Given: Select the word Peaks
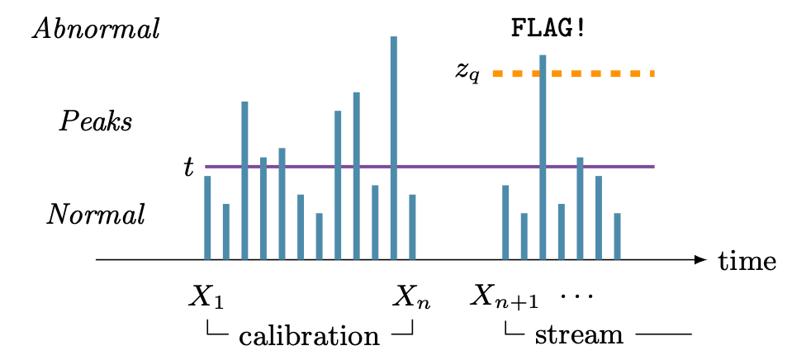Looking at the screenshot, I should tap(95, 122).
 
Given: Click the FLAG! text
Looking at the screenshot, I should tap(549, 29).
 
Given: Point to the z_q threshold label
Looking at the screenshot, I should tap(467, 72).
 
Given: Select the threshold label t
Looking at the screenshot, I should tap(189, 168).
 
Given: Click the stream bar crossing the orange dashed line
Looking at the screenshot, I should tap(543, 149).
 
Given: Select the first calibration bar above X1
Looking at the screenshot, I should tap(207, 217).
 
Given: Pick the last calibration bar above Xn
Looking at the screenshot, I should tap(412, 227).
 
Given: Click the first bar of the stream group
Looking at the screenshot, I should tap(505, 222).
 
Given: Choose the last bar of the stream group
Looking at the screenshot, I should tap(617, 236).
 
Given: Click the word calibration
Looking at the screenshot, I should tap(309, 336).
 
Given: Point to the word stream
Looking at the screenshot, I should tap(578, 336).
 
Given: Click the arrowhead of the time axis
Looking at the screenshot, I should tap(701, 260).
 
